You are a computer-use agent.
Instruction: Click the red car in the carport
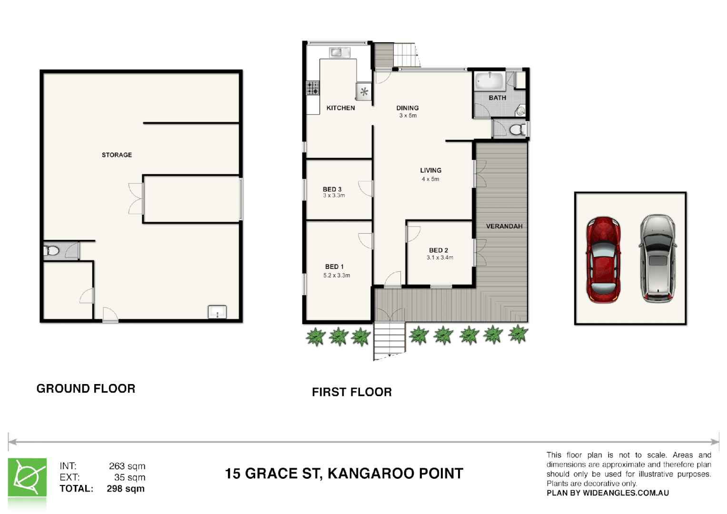click(x=603, y=259)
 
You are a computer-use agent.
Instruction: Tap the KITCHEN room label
click(x=340, y=108)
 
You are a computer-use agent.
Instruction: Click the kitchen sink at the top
click(x=339, y=52)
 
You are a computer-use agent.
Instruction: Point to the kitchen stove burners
click(x=313, y=88)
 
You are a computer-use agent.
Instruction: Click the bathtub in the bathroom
click(x=489, y=81)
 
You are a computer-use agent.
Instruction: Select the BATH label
click(x=497, y=98)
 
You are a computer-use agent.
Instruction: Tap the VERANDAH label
click(x=504, y=226)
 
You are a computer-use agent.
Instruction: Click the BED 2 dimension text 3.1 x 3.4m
click(x=439, y=257)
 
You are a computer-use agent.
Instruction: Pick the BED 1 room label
click(x=334, y=267)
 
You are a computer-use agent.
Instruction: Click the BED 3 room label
click(x=332, y=189)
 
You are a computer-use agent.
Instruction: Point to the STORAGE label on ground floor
click(x=117, y=155)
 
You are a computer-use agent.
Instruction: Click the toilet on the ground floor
click(x=51, y=250)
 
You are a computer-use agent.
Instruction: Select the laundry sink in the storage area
click(x=217, y=313)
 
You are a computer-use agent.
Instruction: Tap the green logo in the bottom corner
click(x=27, y=478)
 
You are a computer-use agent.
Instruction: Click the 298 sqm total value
click(x=126, y=489)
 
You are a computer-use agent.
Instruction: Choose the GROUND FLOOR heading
click(x=86, y=388)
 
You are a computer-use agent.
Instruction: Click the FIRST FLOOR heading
click(x=351, y=392)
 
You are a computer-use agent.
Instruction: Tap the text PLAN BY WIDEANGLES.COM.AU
click(x=607, y=493)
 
